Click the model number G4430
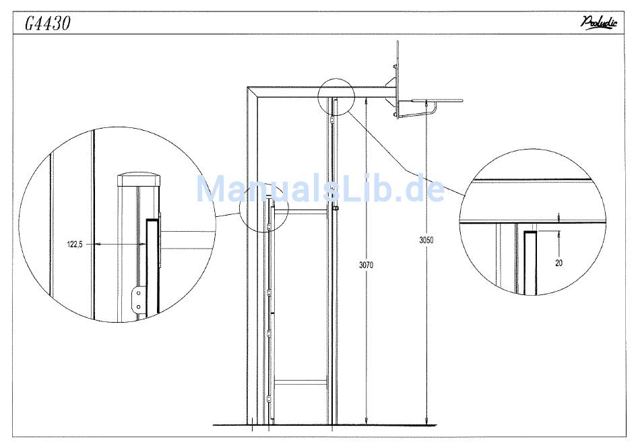coord(47,24)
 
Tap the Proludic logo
coord(599,22)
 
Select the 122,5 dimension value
coord(75,245)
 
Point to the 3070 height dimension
coord(366,265)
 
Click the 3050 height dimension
coord(426,240)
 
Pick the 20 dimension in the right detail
coord(558,263)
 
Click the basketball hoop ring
coord(437,100)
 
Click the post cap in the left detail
coord(139,180)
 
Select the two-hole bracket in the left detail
coord(138,300)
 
